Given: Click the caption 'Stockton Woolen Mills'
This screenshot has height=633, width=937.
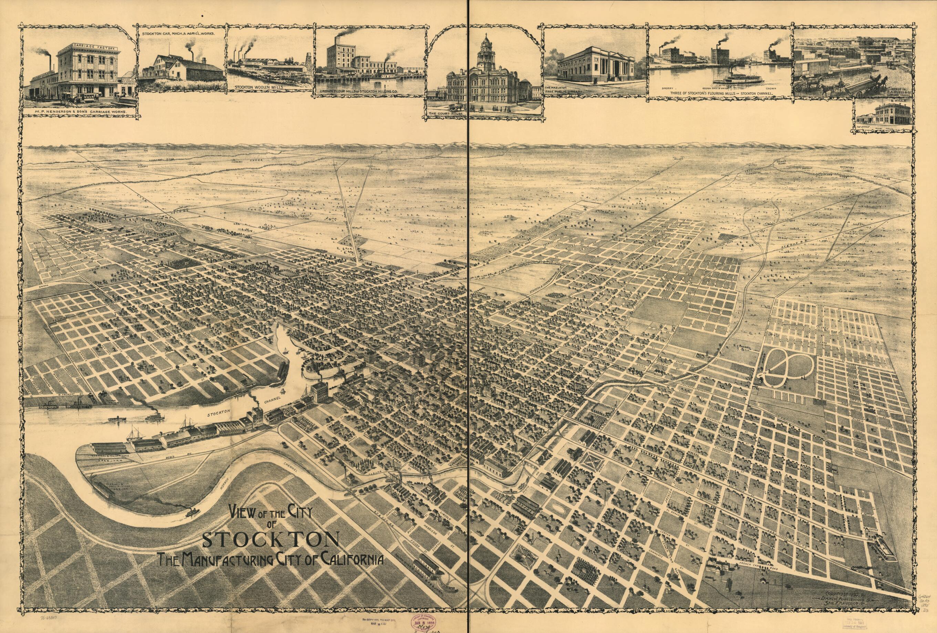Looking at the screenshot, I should click(x=260, y=86).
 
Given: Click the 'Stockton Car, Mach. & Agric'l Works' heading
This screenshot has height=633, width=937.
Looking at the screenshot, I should click(x=183, y=34).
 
